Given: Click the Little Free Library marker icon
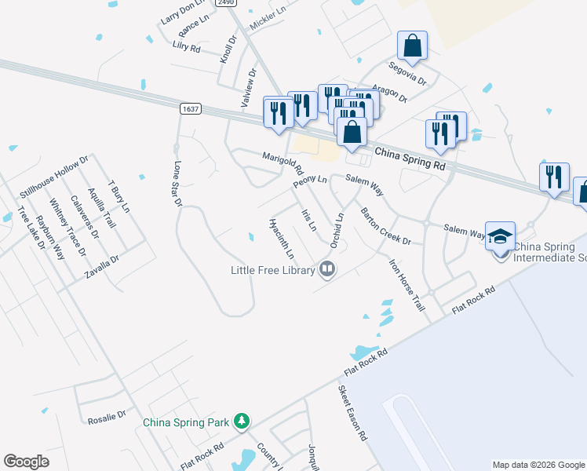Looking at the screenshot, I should click(x=328, y=271).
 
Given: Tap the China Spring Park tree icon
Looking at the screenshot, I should click(x=242, y=422).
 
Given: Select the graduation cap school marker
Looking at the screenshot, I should click(x=500, y=236).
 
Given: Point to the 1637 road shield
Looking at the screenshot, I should click(x=189, y=109).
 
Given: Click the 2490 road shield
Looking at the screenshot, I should click(x=226, y=3).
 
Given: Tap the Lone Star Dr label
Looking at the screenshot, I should click(x=177, y=184).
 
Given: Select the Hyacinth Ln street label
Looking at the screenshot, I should click(x=281, y=238).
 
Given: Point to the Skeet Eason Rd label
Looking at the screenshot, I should click(x=353, y=412).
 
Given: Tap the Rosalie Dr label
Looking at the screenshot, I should click(x=107, y=415).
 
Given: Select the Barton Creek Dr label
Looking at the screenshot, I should click(x=385, y=226).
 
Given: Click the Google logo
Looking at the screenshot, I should click(x=27, y=462).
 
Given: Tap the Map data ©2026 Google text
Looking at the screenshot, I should click(x=538, y=465).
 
